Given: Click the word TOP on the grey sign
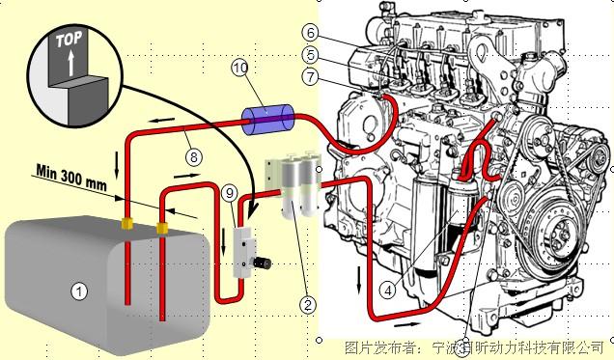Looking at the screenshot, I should pos(68,42).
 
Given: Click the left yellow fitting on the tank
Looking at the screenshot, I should pos(126,225).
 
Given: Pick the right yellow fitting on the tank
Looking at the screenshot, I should pos(162,228).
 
